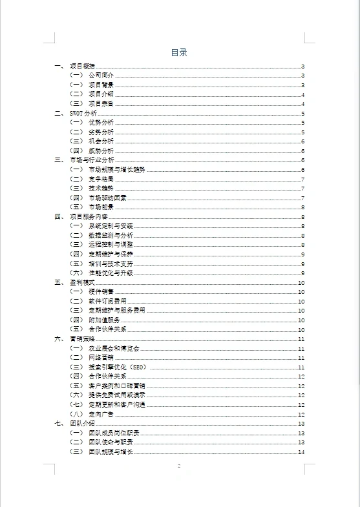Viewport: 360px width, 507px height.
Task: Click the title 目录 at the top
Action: tap(179, 53)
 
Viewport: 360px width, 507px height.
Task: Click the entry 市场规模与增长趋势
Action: tap(117, 169)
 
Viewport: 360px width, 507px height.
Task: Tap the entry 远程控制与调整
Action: tap(111, 245)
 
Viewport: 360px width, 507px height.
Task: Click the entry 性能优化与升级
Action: tap(111, 273)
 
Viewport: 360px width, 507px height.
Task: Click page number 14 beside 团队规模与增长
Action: tap(301, 452)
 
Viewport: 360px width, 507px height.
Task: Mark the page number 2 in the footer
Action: tap(179, 466)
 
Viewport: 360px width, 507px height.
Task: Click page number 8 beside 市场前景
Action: tap(302, 207)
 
